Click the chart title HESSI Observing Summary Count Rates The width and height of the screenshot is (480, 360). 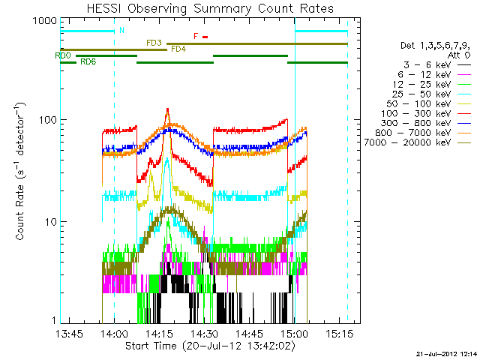203,9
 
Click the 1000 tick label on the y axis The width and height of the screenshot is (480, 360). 44,22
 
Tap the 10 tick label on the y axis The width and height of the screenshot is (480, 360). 50,223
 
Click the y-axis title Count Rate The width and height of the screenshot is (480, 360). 21,172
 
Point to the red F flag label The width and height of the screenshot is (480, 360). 196,36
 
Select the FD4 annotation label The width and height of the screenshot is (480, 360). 178,49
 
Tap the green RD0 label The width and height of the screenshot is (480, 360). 63,55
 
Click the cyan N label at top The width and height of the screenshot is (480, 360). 122,30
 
